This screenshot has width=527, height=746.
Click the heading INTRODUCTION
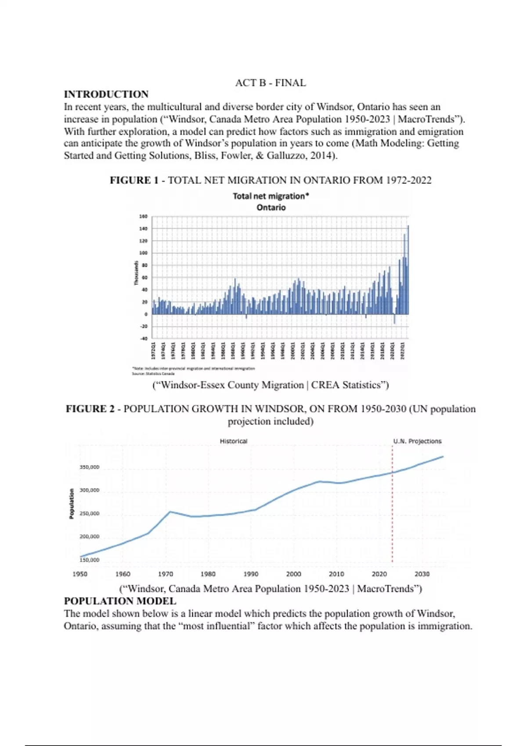106,94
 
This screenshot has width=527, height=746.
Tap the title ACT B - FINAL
271,83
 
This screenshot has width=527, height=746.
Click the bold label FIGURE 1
134,180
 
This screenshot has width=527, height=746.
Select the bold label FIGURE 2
90,409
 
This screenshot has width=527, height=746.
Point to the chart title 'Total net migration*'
271,196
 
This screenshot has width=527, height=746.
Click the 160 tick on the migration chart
143,216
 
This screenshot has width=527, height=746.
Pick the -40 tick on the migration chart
143,338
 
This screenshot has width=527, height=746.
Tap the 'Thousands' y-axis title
136,273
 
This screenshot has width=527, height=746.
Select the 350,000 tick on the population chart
89,467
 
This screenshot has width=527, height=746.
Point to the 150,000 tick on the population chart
89,560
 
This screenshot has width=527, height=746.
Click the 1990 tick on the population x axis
251,574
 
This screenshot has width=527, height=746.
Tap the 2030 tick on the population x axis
422,574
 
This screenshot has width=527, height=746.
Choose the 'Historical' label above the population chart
234,441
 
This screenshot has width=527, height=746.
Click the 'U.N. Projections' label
417,441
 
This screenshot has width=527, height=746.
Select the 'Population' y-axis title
72,503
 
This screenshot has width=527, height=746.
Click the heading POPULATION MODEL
120,601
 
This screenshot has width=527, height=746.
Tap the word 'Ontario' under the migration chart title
271,208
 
